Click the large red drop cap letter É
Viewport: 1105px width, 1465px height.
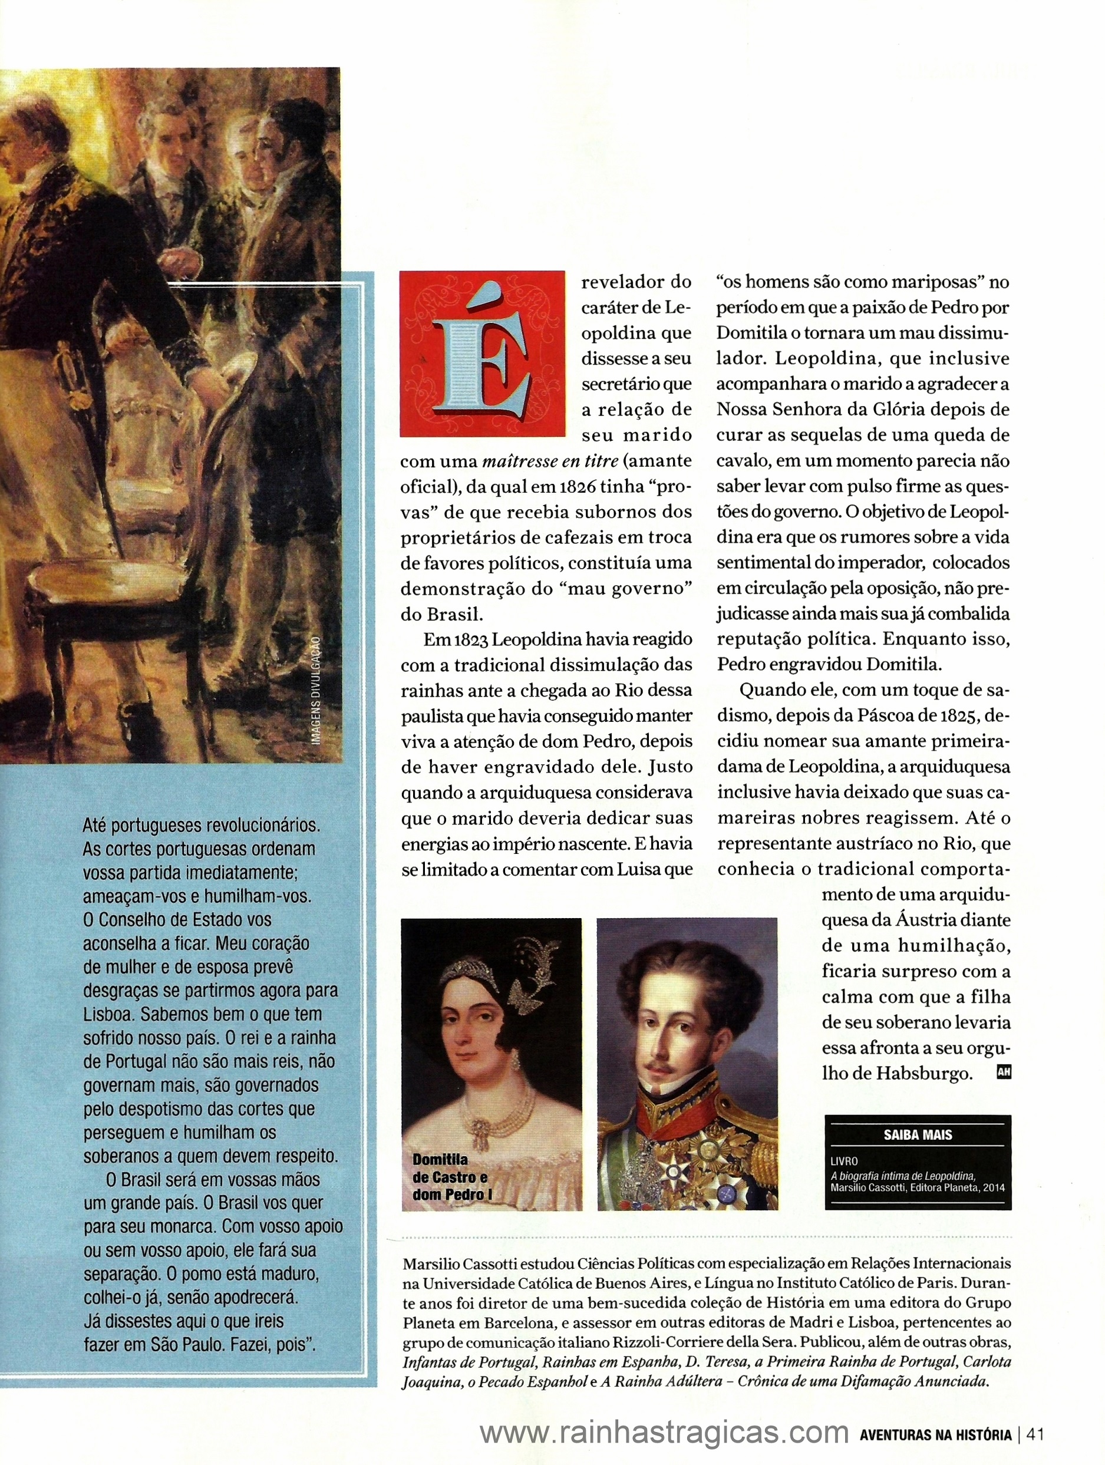(x=482, y=354)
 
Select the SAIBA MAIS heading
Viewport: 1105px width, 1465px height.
(x=917, y=1134)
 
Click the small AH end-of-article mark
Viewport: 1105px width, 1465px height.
(x=1003, y=1073)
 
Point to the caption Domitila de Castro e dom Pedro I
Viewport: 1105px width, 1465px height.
(x=450, y=1177)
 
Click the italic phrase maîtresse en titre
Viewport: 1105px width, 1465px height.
(x=550, y=461)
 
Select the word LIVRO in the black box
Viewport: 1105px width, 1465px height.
(x=844, y=1161)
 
